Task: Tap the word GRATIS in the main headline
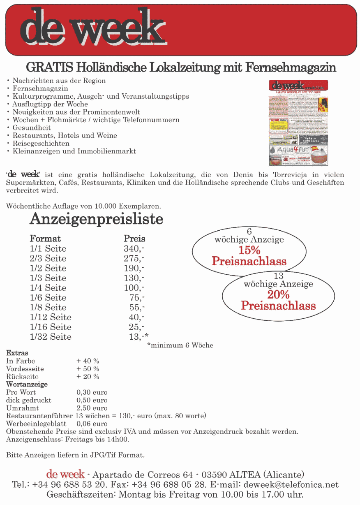50,67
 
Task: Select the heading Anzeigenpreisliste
96,219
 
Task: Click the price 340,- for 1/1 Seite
134,249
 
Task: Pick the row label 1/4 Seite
48,288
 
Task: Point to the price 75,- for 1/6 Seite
136,298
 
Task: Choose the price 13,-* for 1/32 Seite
138,337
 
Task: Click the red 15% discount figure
249,250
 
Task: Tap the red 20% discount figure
278,294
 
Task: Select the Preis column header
134,239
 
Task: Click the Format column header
45,239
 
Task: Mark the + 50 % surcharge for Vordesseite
88,369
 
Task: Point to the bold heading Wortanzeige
27,385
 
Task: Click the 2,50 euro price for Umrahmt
92,408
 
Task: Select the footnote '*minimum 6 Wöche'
180,345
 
